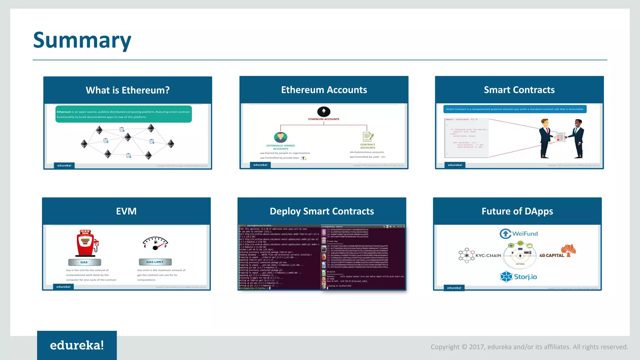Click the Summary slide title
[x=82, y=40]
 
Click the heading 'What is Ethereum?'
[x=127, y=90]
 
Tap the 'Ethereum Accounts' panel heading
[x=324, y=90]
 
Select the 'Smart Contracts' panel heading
[x=519, y=90]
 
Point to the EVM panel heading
[x=126, y=211]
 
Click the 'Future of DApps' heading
[x=517, y=211]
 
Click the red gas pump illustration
[x=87, y=243]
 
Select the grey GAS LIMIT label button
[x=155, y=262]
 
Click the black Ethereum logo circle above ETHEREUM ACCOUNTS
[x=324, y=112]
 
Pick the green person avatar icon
[x=280, y=137]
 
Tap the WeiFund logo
[x=519, y=233]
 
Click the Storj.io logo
[x=518, y=277]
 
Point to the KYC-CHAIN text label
[x=488, y=256]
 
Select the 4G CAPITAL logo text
[x=552, y=255]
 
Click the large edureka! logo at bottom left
[x=77, y=345]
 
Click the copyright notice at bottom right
[x=529, y=347]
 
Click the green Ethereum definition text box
[x=123, y=114]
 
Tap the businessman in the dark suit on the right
[x=577, y=138]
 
